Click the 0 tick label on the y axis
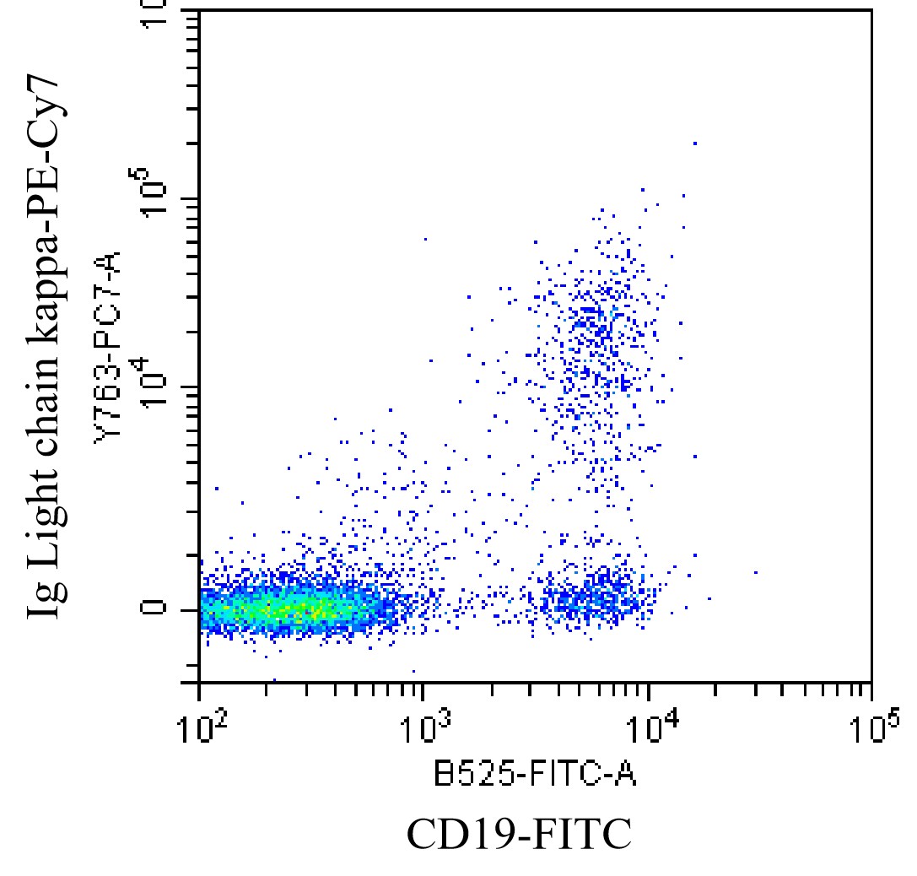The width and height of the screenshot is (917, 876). click(154, 608)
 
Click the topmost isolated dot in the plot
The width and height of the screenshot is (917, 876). click(694, 143)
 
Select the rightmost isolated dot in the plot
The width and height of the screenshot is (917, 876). click(755, 572)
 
